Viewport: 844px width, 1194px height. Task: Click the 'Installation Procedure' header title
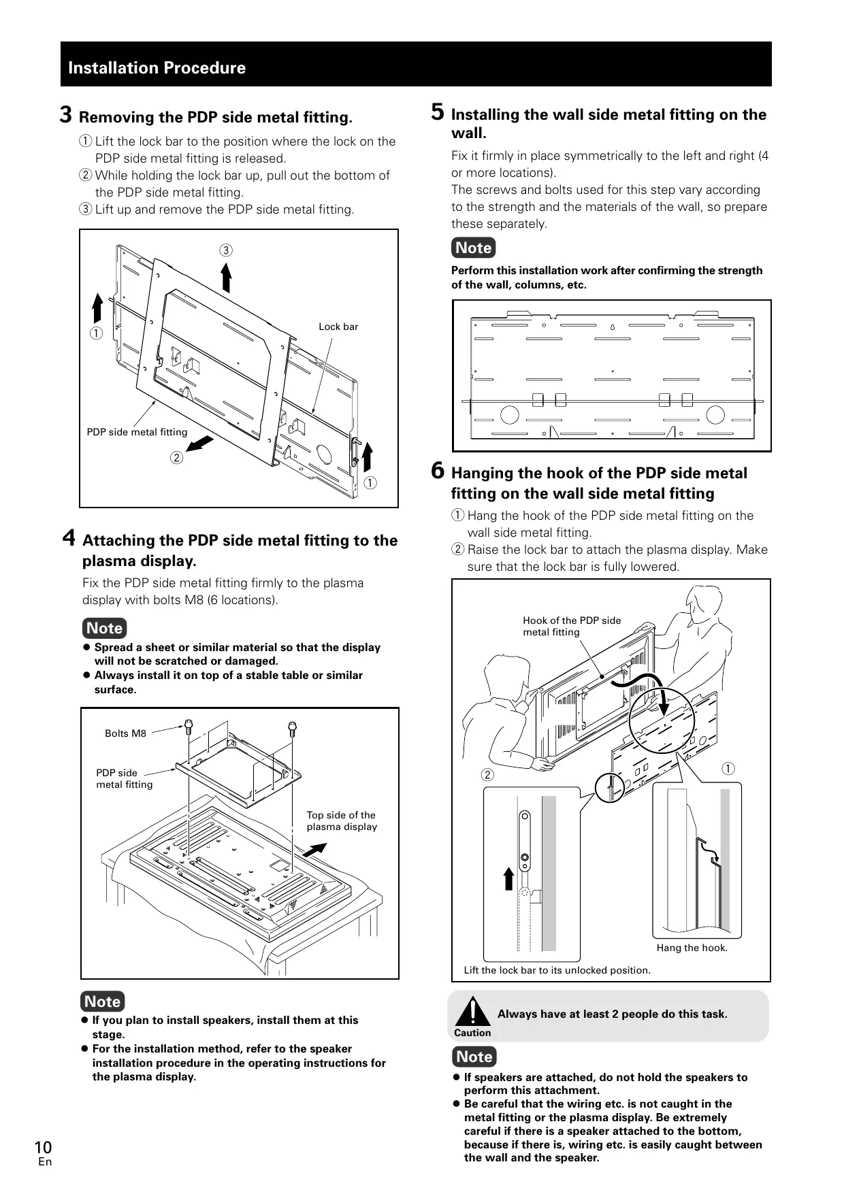(157, 68)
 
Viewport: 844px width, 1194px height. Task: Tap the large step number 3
(66, 115)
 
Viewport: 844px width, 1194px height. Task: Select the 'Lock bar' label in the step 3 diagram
(338, 327)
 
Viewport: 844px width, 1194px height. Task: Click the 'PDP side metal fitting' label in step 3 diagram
(137, 432)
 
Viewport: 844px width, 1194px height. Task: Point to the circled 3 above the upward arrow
(225, 250)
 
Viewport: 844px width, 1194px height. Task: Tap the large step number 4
(69, 538)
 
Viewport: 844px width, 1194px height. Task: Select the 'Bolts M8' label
(125, 733)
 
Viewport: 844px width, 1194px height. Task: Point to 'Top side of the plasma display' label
(341, 820)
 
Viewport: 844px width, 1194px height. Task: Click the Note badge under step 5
(473, 248)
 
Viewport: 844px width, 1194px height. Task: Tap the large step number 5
(438, 112)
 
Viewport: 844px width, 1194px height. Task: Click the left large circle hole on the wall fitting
(509, 414)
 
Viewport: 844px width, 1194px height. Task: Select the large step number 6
(438, 470)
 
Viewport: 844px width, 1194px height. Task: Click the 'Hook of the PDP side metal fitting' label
(572, 626)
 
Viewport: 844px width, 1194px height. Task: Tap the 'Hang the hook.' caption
(692, 948)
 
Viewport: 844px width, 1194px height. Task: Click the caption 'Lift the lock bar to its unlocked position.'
(557, 970)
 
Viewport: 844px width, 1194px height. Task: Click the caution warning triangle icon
(472, 1011)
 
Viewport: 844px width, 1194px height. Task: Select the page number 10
(43, 1148)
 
